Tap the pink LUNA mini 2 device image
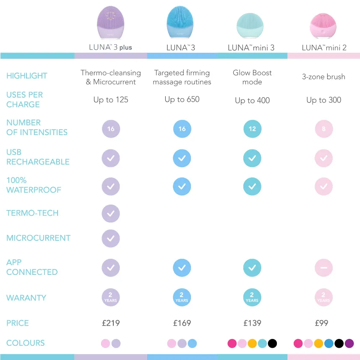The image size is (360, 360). (323, 26)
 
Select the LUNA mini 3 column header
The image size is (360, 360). (251, 48)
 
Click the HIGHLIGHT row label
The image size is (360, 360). (27, 76)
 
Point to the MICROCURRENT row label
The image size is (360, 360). (38, 238)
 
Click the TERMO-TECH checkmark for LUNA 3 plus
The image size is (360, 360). (111, 214)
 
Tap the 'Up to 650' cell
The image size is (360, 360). (182, 99)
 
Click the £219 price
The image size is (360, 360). (111, 323)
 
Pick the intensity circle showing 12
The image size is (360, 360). (252, 129)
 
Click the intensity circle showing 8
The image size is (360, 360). (323, 129)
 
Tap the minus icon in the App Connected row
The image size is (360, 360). (323, 268)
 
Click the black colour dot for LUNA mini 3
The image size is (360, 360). (272, 344)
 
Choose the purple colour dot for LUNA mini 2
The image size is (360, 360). (349, 344)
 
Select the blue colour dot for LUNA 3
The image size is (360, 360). (192, 344)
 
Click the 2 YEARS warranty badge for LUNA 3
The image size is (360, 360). (182, 297)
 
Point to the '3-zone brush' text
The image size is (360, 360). (323, 77)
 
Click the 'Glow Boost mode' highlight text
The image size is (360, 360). (252, 77)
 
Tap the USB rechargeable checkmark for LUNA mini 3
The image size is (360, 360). (252, 159)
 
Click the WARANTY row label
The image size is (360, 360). (26, 298)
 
